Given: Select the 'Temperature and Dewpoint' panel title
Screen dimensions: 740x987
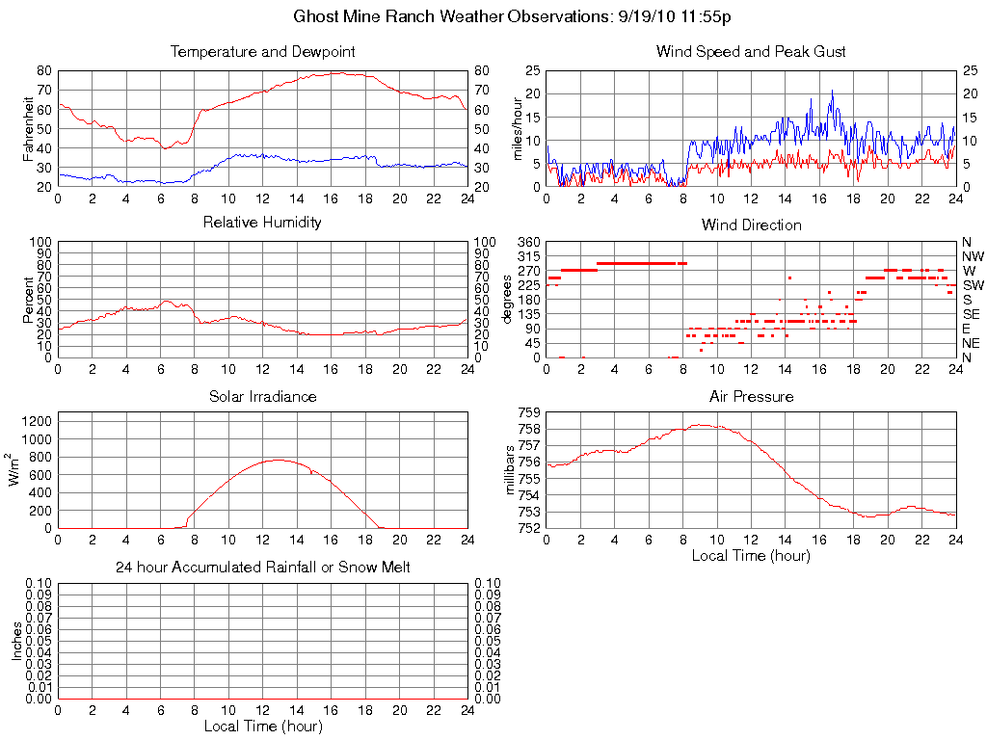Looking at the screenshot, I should point(262,51).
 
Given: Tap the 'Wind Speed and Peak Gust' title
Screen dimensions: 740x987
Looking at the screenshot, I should point(751,51).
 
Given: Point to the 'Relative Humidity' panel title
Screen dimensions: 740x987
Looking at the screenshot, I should point(262,223).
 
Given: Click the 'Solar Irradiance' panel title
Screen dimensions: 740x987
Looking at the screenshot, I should point(262,396).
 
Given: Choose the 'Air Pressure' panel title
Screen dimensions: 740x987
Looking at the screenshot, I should point(751,396).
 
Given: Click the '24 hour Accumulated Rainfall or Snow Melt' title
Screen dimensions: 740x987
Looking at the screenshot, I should point(262,568).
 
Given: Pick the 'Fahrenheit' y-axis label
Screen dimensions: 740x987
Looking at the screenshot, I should point(29,128).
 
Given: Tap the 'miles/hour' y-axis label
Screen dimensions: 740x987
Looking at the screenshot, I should point(518,128).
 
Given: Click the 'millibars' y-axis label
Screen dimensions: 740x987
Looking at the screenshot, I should point(511,470).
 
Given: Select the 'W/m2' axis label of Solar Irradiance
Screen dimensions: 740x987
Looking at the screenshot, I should point(16,470).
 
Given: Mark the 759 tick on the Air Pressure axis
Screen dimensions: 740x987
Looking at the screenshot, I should point(528,413).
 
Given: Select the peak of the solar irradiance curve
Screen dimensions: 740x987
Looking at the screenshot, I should point(279,460).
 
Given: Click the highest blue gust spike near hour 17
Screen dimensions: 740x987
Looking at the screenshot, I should point(832,91).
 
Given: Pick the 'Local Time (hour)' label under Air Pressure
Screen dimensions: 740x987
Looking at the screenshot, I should point(751,555).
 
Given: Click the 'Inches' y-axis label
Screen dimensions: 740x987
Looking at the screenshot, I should point(16,641).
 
